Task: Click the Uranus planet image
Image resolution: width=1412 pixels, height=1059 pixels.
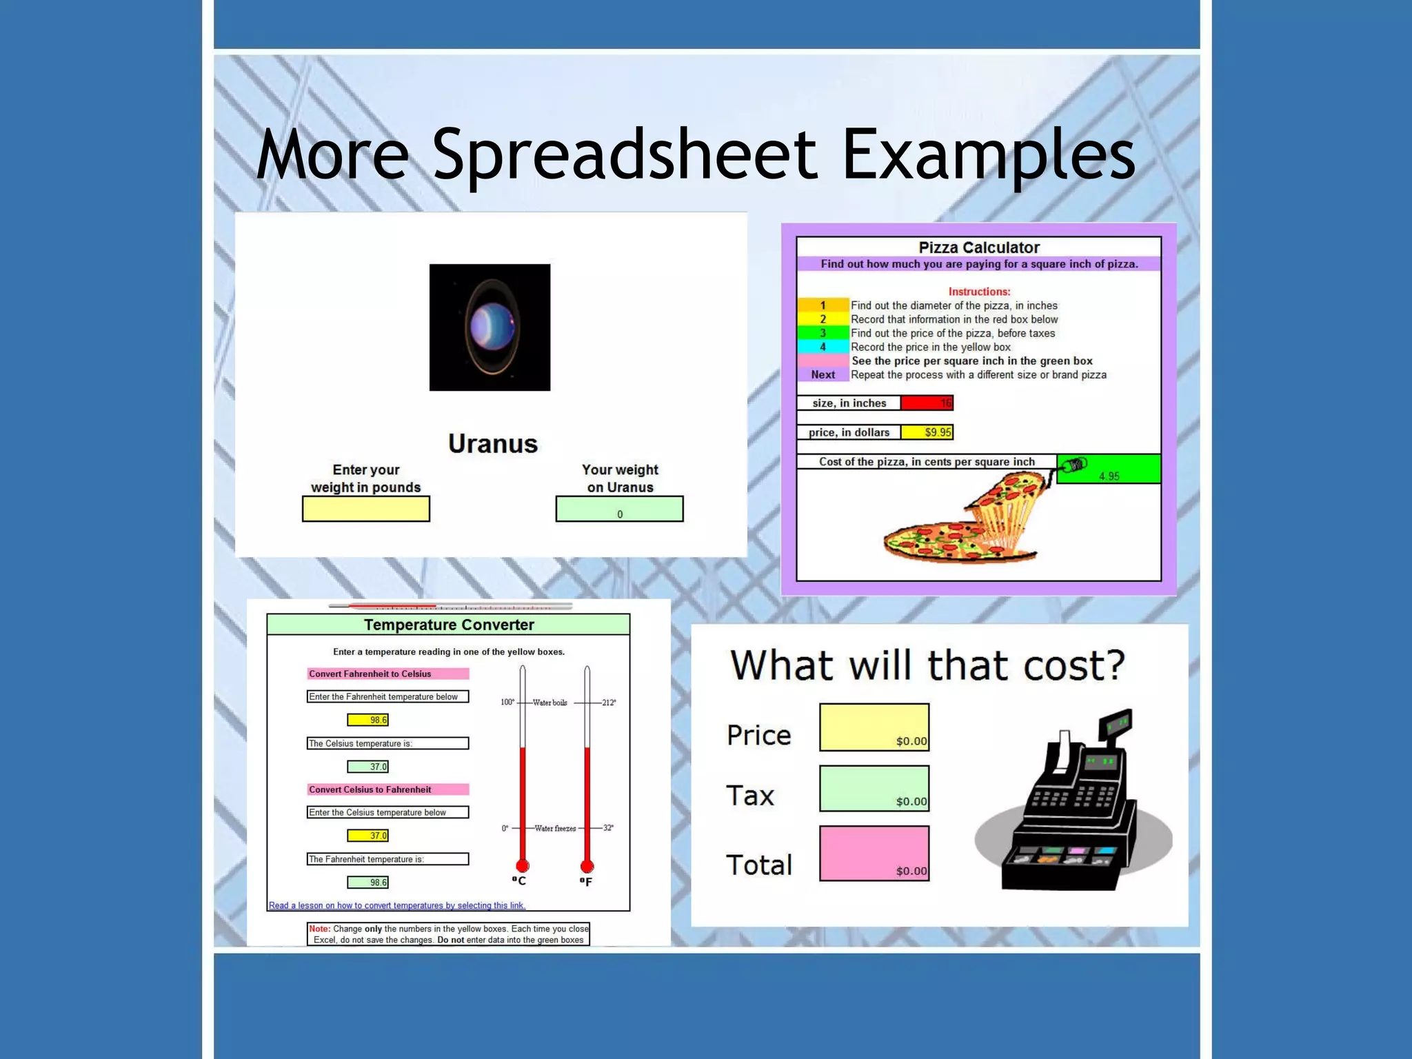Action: click(x=490, y=327)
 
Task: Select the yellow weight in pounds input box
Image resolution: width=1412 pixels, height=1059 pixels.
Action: click(x=365, y=509)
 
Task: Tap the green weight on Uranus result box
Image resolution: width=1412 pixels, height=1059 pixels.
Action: click(x=619, y=509)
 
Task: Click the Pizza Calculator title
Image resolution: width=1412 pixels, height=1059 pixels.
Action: click(x=978, y=248)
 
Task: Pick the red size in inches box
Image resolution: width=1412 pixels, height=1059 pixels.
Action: click(x=927, y=403)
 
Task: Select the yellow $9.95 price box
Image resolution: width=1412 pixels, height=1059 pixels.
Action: click(x=927, y=432)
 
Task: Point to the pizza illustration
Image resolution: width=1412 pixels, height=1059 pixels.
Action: click(x=972, y=521)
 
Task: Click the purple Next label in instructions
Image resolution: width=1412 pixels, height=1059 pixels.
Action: click(x=823, y=374)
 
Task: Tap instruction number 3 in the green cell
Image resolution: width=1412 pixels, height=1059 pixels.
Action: click(x=823, y=333)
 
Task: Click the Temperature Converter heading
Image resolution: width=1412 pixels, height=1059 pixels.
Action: click(x=449, y=625)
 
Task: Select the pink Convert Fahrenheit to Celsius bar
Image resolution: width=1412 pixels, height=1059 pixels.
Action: click(x=387, y=674)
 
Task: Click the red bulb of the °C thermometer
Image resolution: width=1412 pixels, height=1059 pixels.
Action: click(x=523, y=866)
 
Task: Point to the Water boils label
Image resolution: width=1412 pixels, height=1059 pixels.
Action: click(x=550, y=703)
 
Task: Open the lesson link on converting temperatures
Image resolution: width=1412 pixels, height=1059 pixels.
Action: click(x=396, y=905)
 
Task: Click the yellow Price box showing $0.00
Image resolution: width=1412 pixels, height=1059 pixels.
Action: click(x=874, y=727)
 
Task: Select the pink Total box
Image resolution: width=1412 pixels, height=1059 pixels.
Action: click(x=874, y=854)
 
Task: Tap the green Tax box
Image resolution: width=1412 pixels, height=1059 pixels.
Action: click(x=874, y=788)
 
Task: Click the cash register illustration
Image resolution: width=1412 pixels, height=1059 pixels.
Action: click(x=1072, y=807)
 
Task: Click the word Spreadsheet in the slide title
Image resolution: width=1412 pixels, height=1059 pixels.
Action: click(x=625, y=155)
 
